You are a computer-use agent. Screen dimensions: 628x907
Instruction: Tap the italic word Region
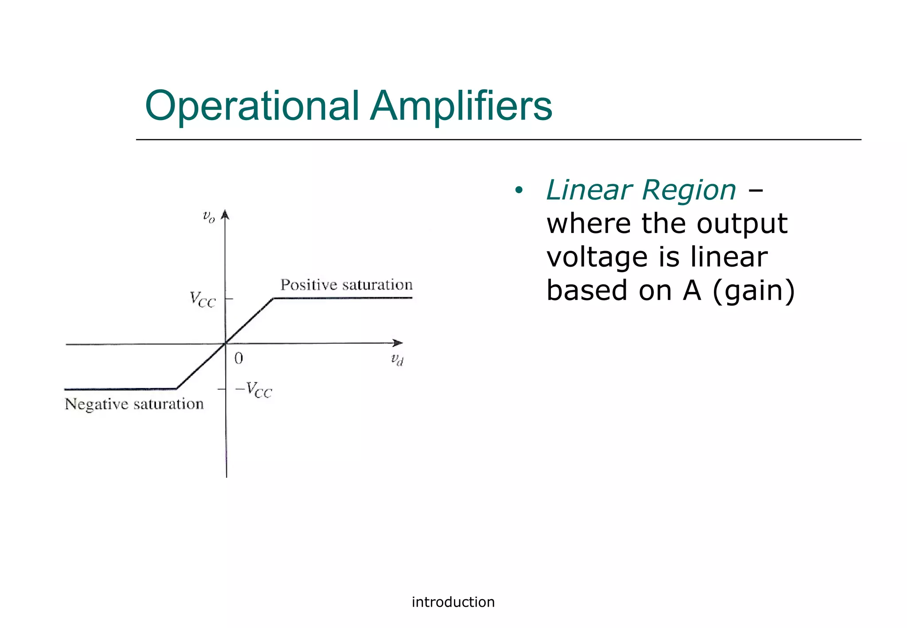(689, 190)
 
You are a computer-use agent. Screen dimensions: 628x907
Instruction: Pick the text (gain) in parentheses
(753, 291)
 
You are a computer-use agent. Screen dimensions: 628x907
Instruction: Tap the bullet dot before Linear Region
(519, 191)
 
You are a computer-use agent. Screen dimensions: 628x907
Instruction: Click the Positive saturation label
(346, 285)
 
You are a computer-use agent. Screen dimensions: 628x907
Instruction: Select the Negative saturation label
(134, 404)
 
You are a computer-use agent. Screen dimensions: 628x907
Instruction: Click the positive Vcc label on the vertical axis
(202, 299)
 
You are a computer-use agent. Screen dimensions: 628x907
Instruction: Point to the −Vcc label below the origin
(254, 390)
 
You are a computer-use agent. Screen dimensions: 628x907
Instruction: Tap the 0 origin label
(239, 358)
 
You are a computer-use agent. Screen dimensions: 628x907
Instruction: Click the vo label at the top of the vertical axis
(209, 217)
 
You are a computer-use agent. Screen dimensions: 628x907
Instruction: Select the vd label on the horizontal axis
(397, 360)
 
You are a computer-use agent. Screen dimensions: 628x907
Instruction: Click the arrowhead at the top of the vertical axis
(225, 214)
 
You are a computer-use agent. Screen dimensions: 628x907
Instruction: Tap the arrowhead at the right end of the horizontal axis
(398, 343)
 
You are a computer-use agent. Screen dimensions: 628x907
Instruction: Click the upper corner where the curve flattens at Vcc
(273, 298)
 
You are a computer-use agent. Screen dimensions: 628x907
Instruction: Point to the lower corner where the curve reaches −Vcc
(177, 388)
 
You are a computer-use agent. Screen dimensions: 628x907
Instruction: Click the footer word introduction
(453, 602)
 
